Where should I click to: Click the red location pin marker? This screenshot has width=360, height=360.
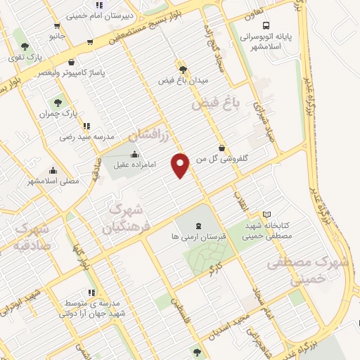tap(181, 165)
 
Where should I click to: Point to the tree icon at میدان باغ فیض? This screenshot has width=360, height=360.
tap(183, 70)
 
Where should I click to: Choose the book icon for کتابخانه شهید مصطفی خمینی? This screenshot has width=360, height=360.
tap(266, 214)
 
